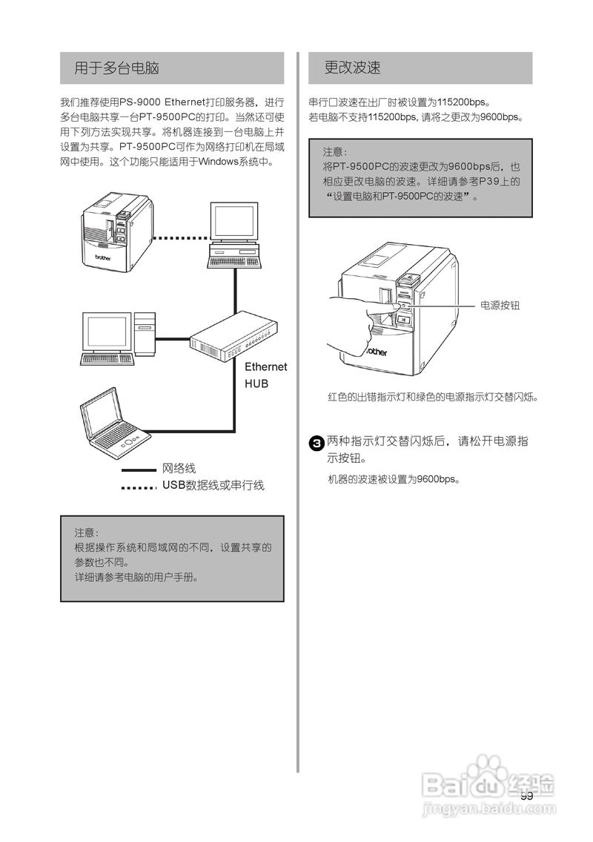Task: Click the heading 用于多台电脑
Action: tap(117, 68)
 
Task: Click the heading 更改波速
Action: tap(353, 68)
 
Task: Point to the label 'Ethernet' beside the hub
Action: tap(265, 367)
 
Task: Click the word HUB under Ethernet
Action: tap(256, 384)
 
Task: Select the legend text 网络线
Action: tap(179, 469)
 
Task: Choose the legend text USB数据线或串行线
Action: tap(213, 486)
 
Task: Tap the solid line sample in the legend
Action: tap(138, 470)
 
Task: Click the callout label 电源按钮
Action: tap(500, 305)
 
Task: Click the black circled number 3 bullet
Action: tap(316, 444)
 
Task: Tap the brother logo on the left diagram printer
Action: tap(103, 259)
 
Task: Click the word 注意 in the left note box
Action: tap(86, 533)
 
